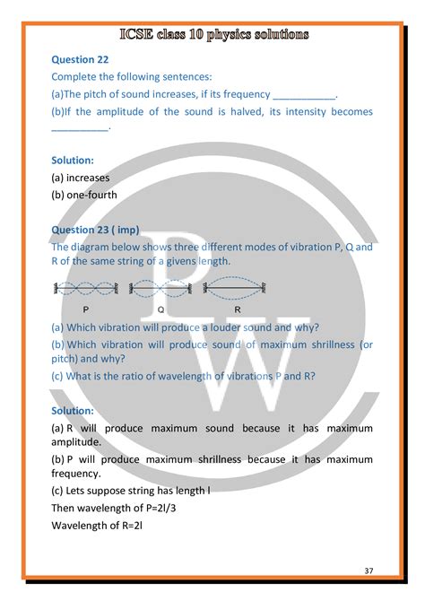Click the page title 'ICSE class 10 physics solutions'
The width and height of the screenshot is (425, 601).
pyautogui.click(x=214, y=35)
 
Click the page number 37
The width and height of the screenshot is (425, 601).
pyautogui.click(x=369, y=571)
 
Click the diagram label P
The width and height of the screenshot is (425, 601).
pyautogui.click(x=85, y=308)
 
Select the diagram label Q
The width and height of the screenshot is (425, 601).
pyautogui.click(x=160, y=308)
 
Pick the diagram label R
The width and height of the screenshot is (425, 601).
pyautogui.click(x=238, y=308)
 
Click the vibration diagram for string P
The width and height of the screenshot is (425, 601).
pyautogui.click(x=85, y=289)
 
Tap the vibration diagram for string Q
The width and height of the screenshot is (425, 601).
pyautogui.click(x=161, y=289)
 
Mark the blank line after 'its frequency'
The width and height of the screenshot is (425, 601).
pyautogui.click(x=303, y=95)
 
